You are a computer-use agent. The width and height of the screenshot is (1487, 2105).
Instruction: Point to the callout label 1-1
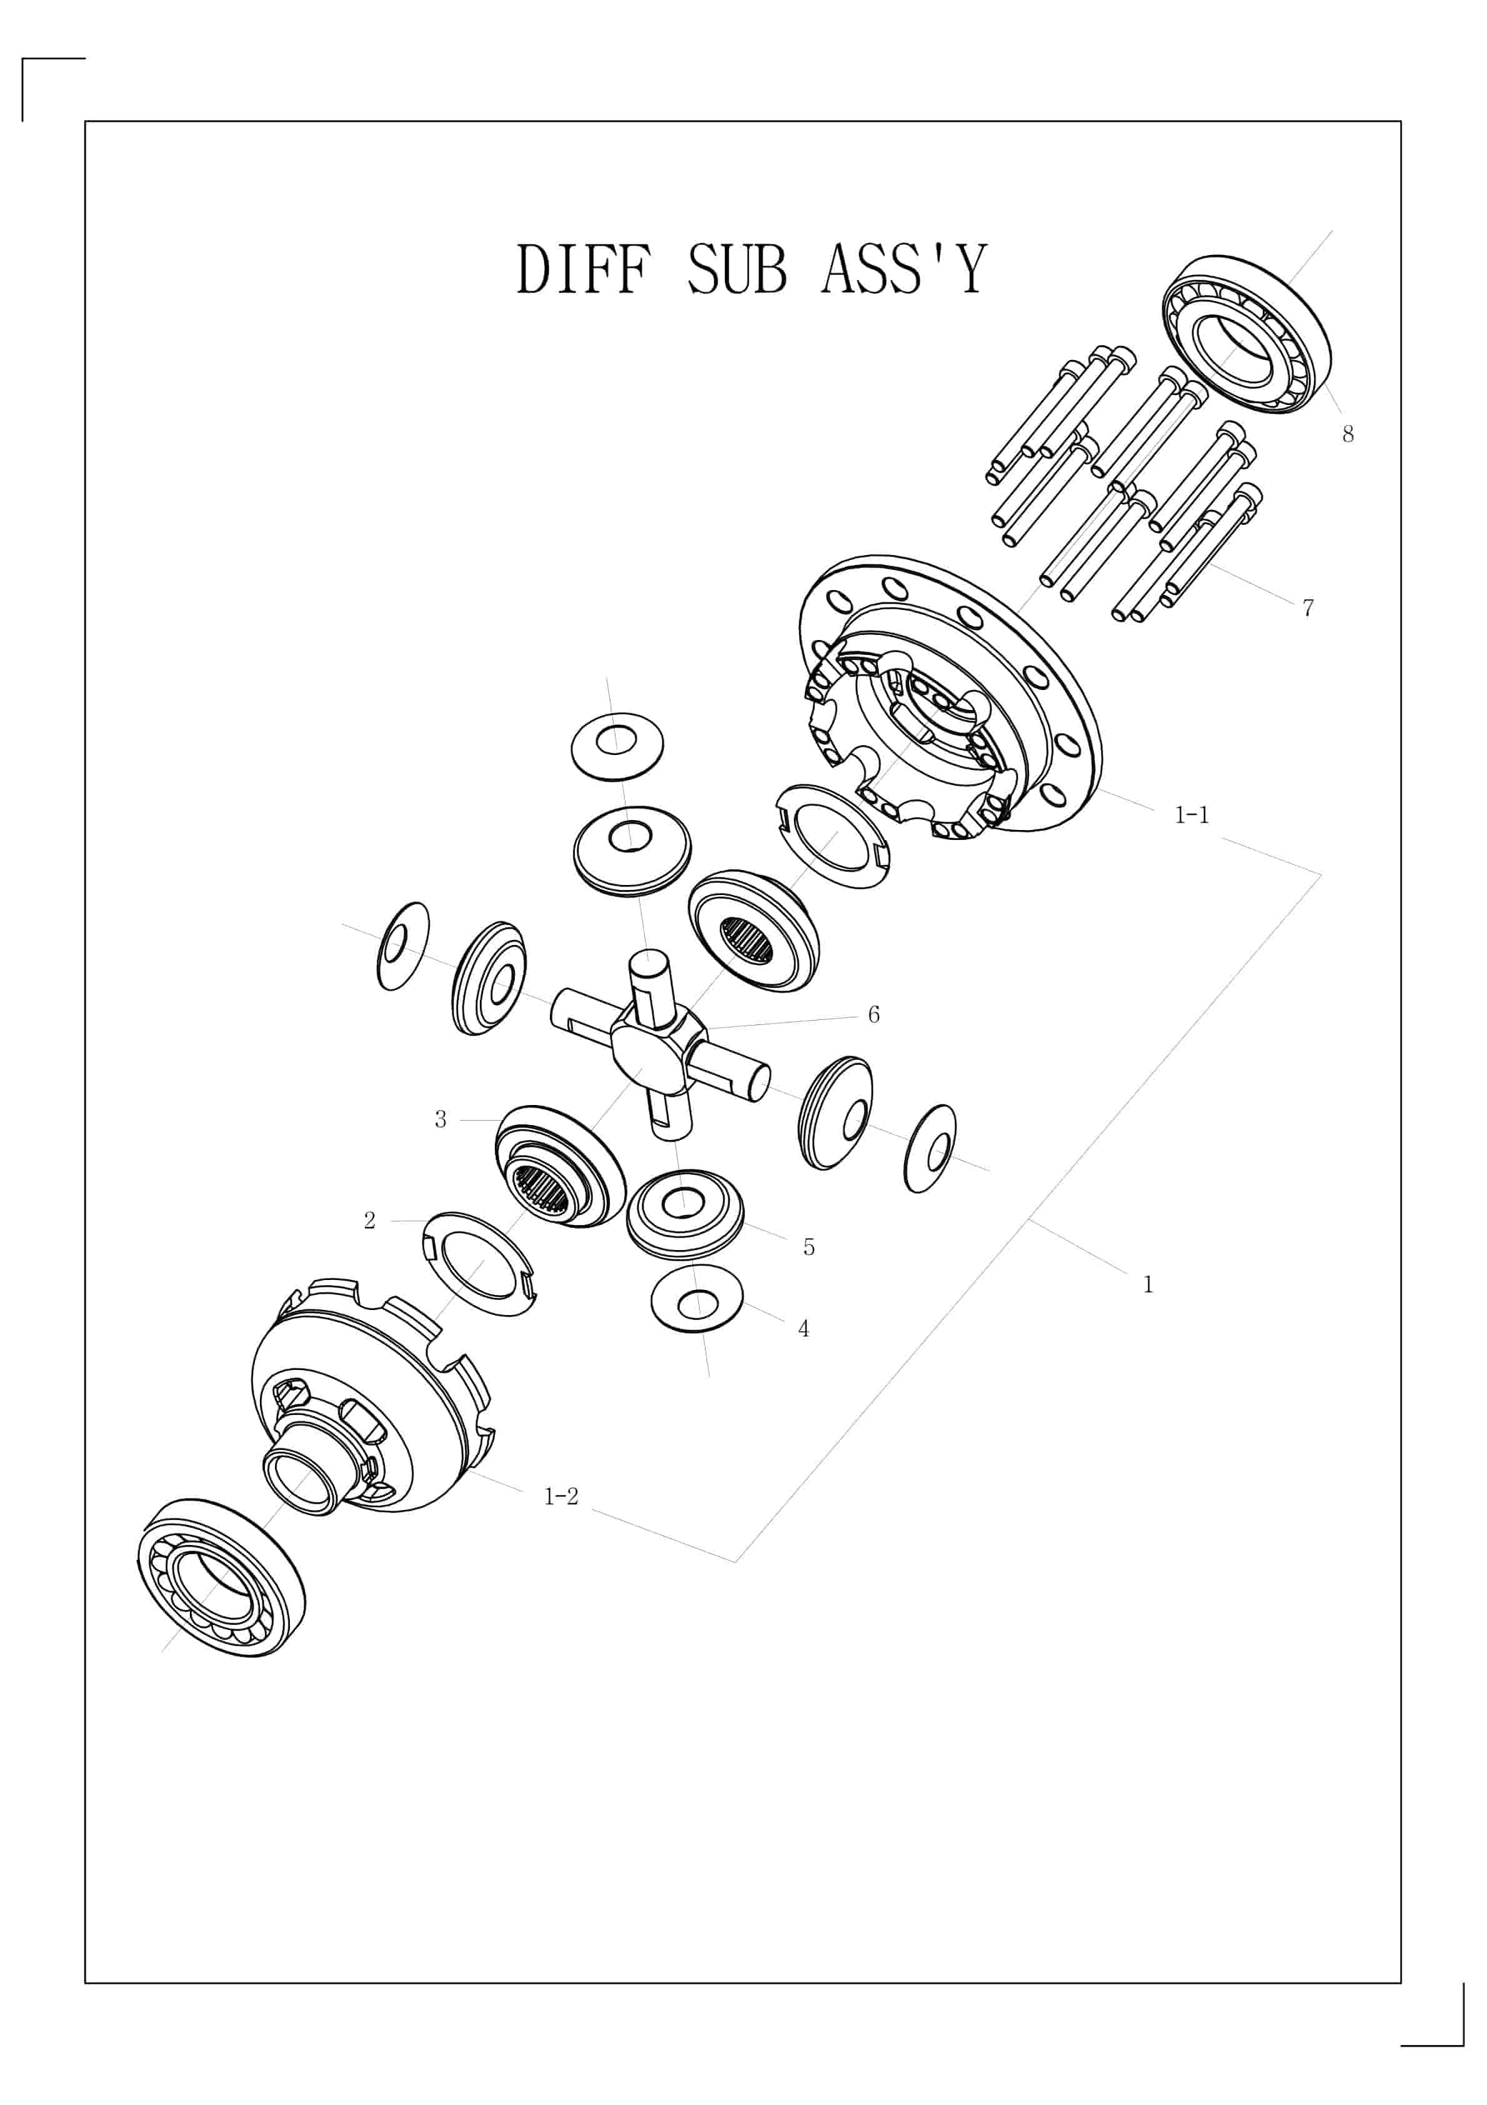pos(1192,815)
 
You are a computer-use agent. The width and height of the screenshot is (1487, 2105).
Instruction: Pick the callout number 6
pos(873,1015)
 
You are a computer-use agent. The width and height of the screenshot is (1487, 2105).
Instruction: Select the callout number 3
pos(441,1119)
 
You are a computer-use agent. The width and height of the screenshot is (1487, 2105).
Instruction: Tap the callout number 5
pos(808,1247)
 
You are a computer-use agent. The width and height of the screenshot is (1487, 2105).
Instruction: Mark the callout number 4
pos(804,1329)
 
